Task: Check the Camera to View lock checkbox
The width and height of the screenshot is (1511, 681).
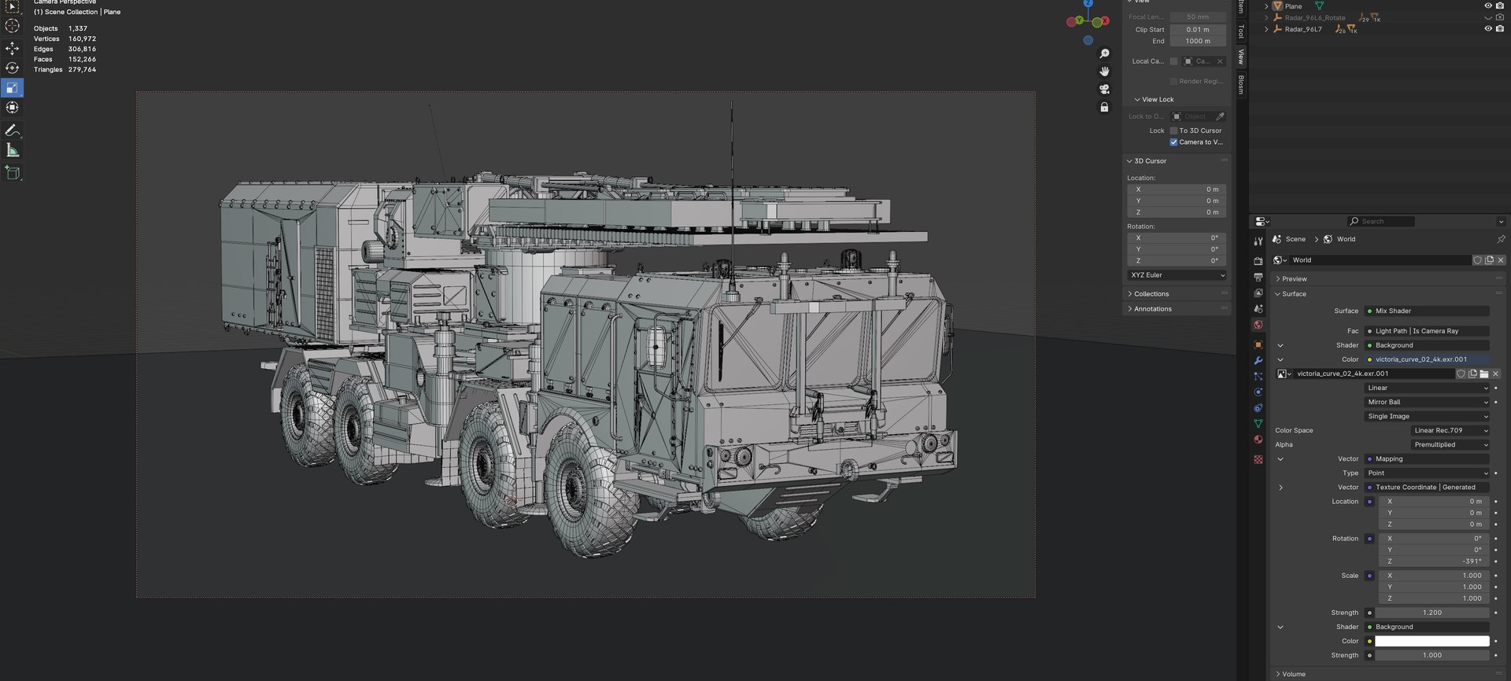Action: tap(1173, 142)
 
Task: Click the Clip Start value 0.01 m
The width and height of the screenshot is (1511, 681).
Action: tap(1197, 29)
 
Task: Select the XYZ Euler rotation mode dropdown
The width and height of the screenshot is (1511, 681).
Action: tap(1177, 275)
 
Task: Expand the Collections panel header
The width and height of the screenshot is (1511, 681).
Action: tap(1151, 294)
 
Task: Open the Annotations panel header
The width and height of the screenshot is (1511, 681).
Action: tap(1153, 309)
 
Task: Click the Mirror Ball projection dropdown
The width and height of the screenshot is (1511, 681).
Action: tap(1426, 402)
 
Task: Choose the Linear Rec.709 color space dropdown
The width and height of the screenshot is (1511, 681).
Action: tap(1450, 430)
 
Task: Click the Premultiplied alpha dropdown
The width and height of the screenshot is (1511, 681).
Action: tap(1450, 444)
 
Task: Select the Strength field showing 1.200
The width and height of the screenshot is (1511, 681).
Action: tap(1432, 613)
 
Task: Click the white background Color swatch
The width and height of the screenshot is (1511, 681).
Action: tap(1432, 641)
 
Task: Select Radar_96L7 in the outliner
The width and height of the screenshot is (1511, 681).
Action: tap(1303, 29)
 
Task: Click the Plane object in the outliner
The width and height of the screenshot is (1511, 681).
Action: tap(1293, 6)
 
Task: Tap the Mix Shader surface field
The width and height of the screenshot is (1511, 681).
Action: tap(1426, 311)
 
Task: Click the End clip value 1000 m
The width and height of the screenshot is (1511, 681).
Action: tap(1197, 41)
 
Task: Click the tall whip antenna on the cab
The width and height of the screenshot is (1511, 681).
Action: tap(731, 197)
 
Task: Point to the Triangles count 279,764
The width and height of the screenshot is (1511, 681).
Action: tap(82, 69)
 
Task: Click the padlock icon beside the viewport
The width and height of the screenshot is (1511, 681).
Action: tap(1104, 107)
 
